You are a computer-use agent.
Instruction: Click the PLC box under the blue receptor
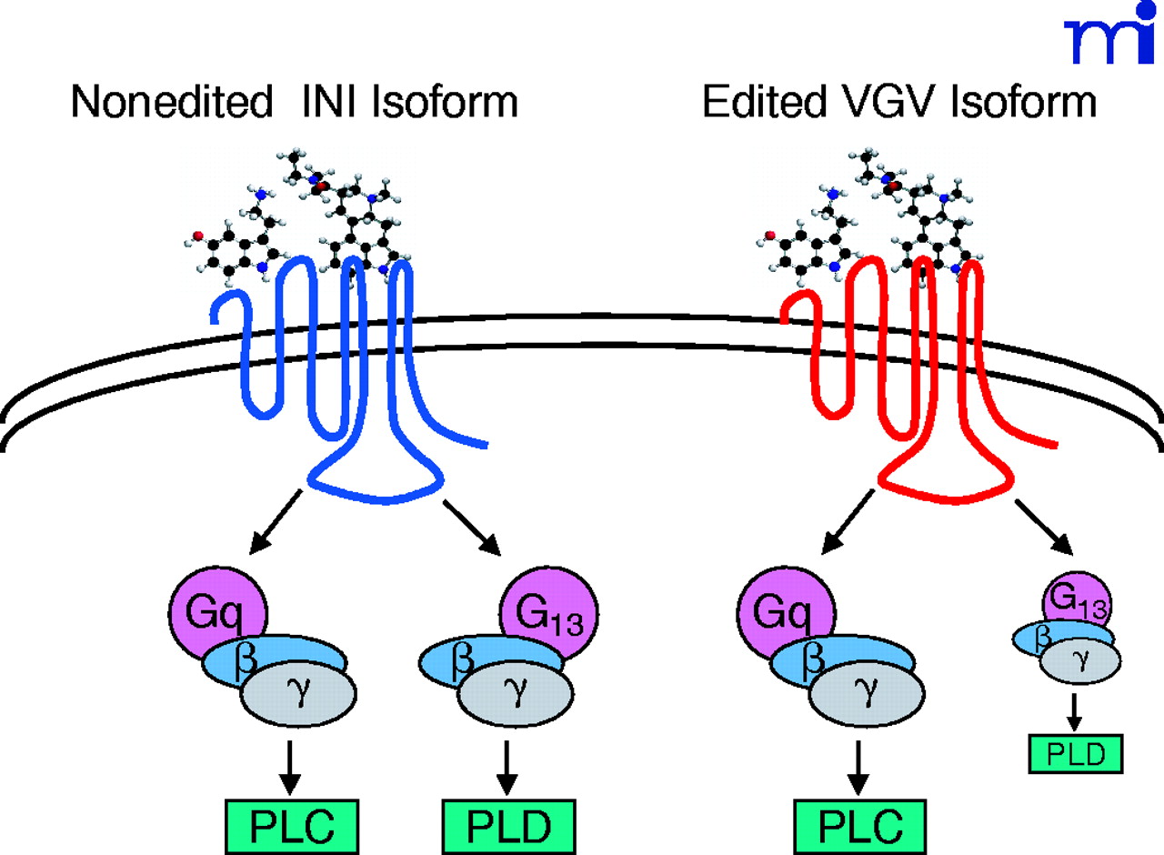pos(288,825)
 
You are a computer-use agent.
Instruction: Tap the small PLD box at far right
pos(1074,754)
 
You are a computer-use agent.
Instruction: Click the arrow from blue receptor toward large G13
pos(473,528)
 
